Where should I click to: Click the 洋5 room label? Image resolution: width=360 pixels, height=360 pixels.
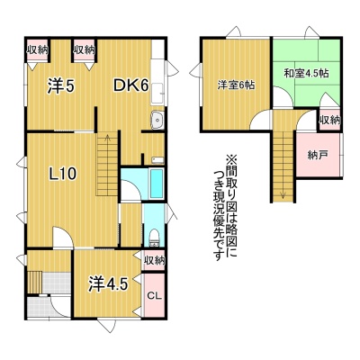[x=60, y=86]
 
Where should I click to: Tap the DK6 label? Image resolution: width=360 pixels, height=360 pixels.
[x=130, y=86]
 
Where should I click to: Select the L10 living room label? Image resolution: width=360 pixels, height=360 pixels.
[x=63, y=174]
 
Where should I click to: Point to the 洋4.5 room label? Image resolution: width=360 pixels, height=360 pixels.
[x=108, y=283]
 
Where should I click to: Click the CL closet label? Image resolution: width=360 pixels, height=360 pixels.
[x=154, y=296]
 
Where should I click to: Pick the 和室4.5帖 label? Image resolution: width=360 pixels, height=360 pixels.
[x=306, y=74]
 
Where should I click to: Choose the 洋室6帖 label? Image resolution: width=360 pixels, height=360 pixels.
[x=236, y=85]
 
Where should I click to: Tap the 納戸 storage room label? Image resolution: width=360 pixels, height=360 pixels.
[x=318, y=155]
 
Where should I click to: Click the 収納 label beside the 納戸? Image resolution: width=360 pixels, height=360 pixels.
[x=329, y=121]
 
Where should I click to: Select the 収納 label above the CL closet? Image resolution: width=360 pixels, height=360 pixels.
[x=154, y=260]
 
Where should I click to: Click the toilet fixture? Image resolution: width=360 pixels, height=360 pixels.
[x=155, y=238]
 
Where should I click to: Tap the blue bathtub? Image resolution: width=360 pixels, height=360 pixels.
[x=157, y=184]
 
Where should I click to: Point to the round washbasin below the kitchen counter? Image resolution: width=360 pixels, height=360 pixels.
[x=157, y=120]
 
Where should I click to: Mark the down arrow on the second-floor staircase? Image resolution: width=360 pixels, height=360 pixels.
[x=283, y=194]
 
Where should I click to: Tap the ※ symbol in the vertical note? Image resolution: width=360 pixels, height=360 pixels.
[x=231, y=158]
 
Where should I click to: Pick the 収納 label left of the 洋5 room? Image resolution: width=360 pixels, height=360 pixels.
[x=38, y=49]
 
